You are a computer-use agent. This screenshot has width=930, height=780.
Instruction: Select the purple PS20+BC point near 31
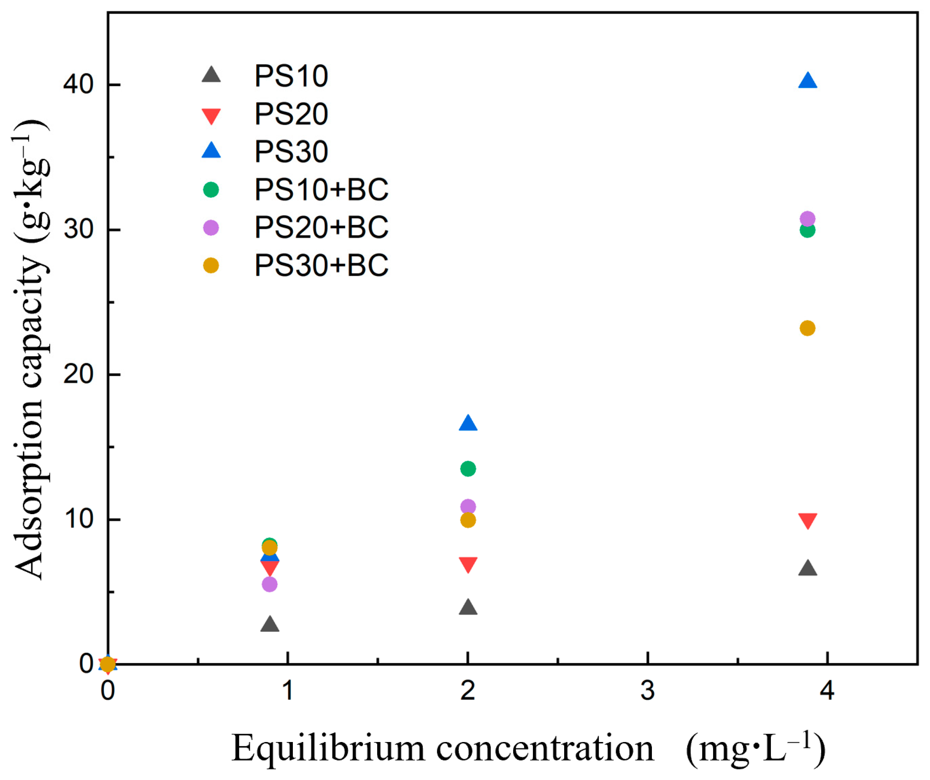[808, 219]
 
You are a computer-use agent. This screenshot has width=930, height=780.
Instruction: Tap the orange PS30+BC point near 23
[808, 328]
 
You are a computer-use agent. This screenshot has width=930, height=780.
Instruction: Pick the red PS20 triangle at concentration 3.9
[808, 520]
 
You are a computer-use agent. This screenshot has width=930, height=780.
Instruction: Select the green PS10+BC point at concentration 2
[468, 469]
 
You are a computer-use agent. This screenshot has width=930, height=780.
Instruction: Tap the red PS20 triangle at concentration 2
[468, 564]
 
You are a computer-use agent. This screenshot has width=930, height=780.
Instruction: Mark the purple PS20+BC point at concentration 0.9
[270, 585]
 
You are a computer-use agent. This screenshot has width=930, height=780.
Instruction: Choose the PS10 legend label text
[291, 76]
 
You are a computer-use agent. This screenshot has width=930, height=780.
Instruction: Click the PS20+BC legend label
[321, 227]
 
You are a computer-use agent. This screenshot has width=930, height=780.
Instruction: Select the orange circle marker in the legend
[211, 266]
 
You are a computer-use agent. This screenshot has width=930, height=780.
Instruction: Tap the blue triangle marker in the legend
[211, 151]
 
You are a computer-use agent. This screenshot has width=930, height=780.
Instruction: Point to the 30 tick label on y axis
[78, 230]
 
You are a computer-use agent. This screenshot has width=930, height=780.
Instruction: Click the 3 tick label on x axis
[647, 691]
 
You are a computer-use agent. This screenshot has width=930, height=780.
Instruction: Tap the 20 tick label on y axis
[78, 375]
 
